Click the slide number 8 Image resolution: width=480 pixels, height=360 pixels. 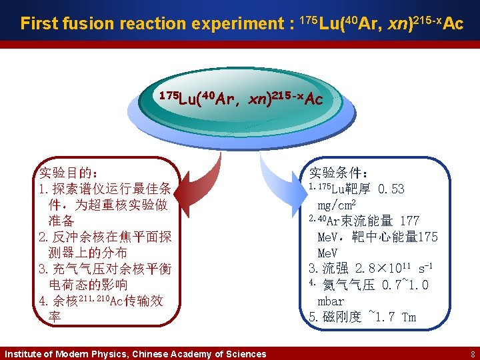tap(472, 354)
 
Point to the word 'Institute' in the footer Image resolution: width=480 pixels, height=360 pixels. tap(23, 354)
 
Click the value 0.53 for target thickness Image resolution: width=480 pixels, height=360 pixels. tap(391, 189)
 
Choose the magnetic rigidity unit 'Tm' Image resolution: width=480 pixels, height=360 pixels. tap(408, 317)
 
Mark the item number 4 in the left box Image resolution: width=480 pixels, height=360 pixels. tap(43, 301)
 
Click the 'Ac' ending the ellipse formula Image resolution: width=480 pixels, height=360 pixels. tap(314, 100)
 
